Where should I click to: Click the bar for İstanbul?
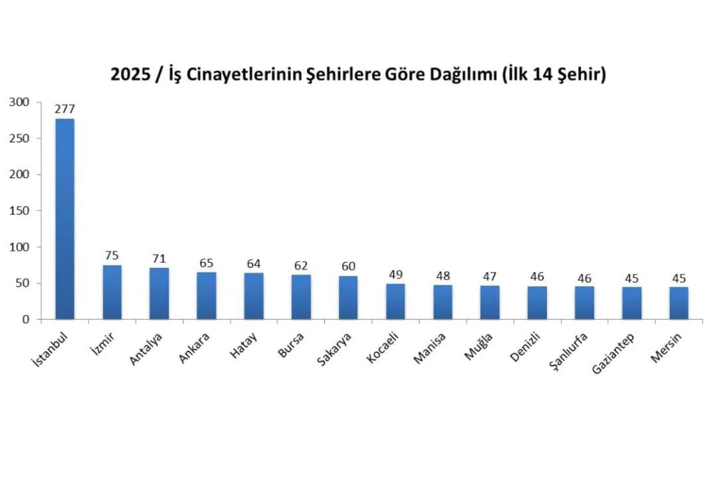point(64,219)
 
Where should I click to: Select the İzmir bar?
point(112,293)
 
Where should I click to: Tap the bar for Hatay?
point(253,296)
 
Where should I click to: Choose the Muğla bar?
point(490,302)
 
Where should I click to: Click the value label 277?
point(64,109)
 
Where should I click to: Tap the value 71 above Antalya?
point(159,259)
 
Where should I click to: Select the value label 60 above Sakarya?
point(348,267)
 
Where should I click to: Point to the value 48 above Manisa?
point(443,275)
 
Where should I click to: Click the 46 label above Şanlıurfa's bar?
point(584,277)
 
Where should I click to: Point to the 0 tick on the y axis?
point(26,320)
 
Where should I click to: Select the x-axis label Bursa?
point(291,344)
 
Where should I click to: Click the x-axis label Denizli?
point(525,347)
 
